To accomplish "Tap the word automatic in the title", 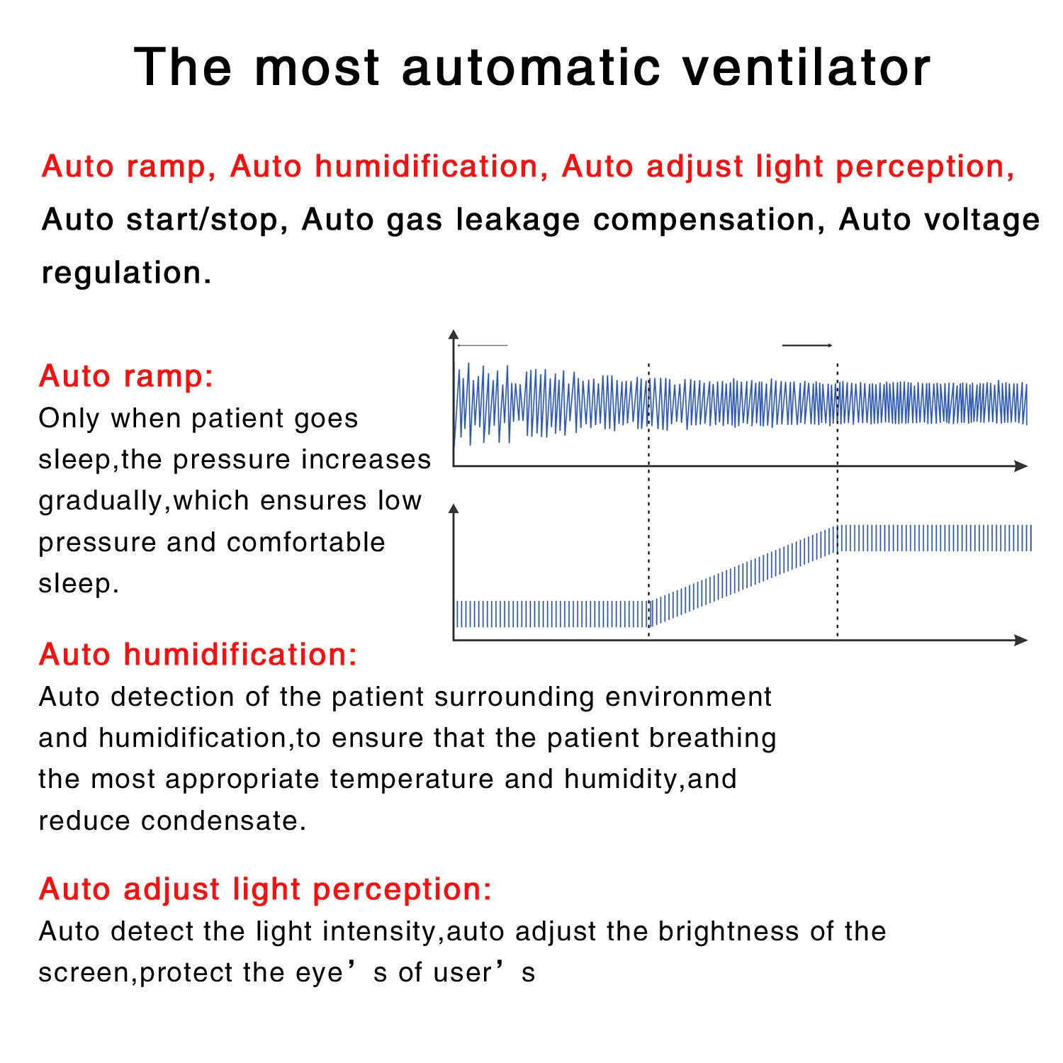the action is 531,67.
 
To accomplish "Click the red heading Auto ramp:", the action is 126,376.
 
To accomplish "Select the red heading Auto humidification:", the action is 198,654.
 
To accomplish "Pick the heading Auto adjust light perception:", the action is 266,889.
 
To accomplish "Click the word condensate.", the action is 223,821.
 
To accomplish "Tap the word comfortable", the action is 306,542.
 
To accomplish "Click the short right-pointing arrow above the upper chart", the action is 807,345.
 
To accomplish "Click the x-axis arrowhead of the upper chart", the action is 1021,466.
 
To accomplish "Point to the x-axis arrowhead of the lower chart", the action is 1021,640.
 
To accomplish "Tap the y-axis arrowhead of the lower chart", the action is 454,509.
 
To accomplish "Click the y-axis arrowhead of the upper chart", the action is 454,335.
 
